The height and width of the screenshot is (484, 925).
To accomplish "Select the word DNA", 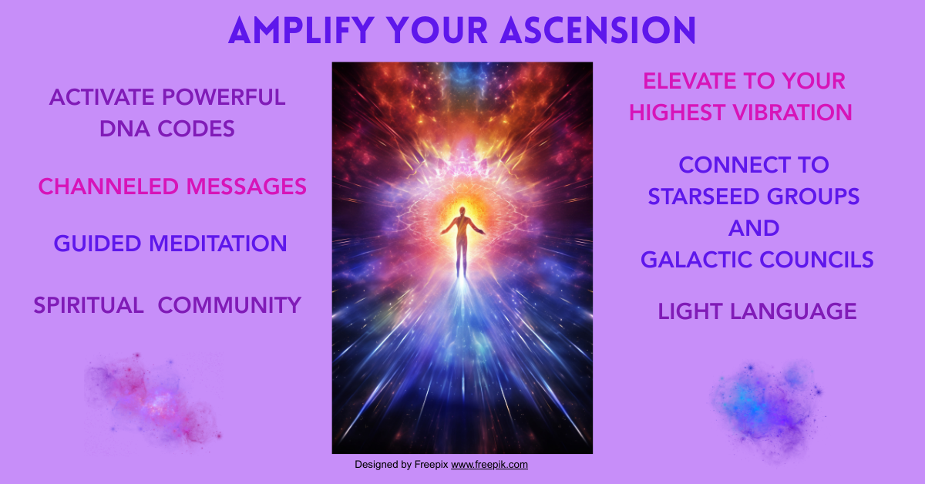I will click(124, 129).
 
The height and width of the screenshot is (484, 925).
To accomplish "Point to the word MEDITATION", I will click(218, 244).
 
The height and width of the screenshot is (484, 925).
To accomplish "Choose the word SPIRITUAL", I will click(89, 305).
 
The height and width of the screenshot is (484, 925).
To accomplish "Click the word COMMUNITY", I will click(229, 305).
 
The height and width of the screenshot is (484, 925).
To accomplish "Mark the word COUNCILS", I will click(819, 260).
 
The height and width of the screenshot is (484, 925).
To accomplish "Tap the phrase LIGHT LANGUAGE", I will click(757, 311).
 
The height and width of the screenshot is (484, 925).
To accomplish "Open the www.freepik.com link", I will click(489, 465).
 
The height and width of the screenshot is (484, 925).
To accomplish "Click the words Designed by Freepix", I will click(401, 465).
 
